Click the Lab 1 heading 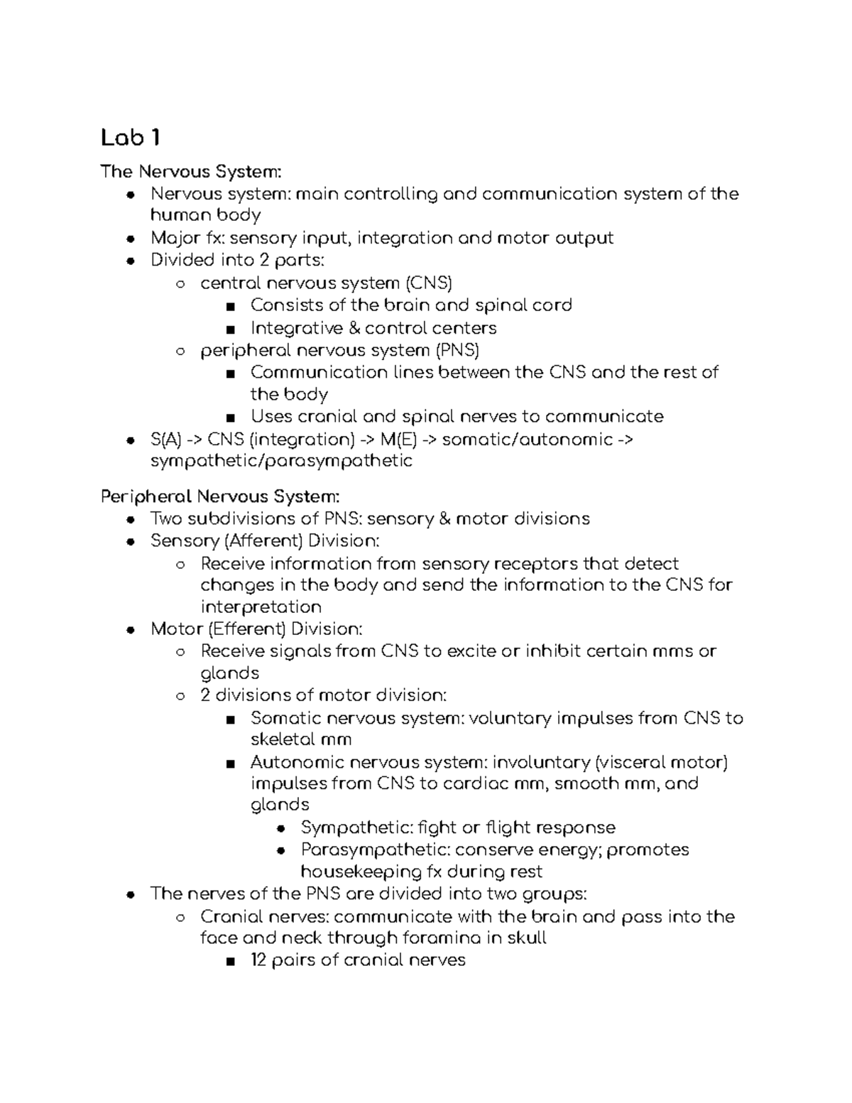pyautogui.click(x=130, y=138)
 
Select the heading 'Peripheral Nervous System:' pyautogui.click(x=220, y=496)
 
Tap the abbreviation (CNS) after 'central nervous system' pyautogui.click(x=428, y=283)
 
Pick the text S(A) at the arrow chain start pyautogui.click(x=166, y=440)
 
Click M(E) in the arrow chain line pyautogui.click(x=398, y=440)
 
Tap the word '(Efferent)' pyautogui.click(x=248, y=629)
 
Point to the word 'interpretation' pyautogui.click(x=261, y=607)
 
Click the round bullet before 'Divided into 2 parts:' pyautogui.click(x=130, y=261)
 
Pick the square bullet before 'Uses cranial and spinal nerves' pyautogui.click(x=229, y=417)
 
